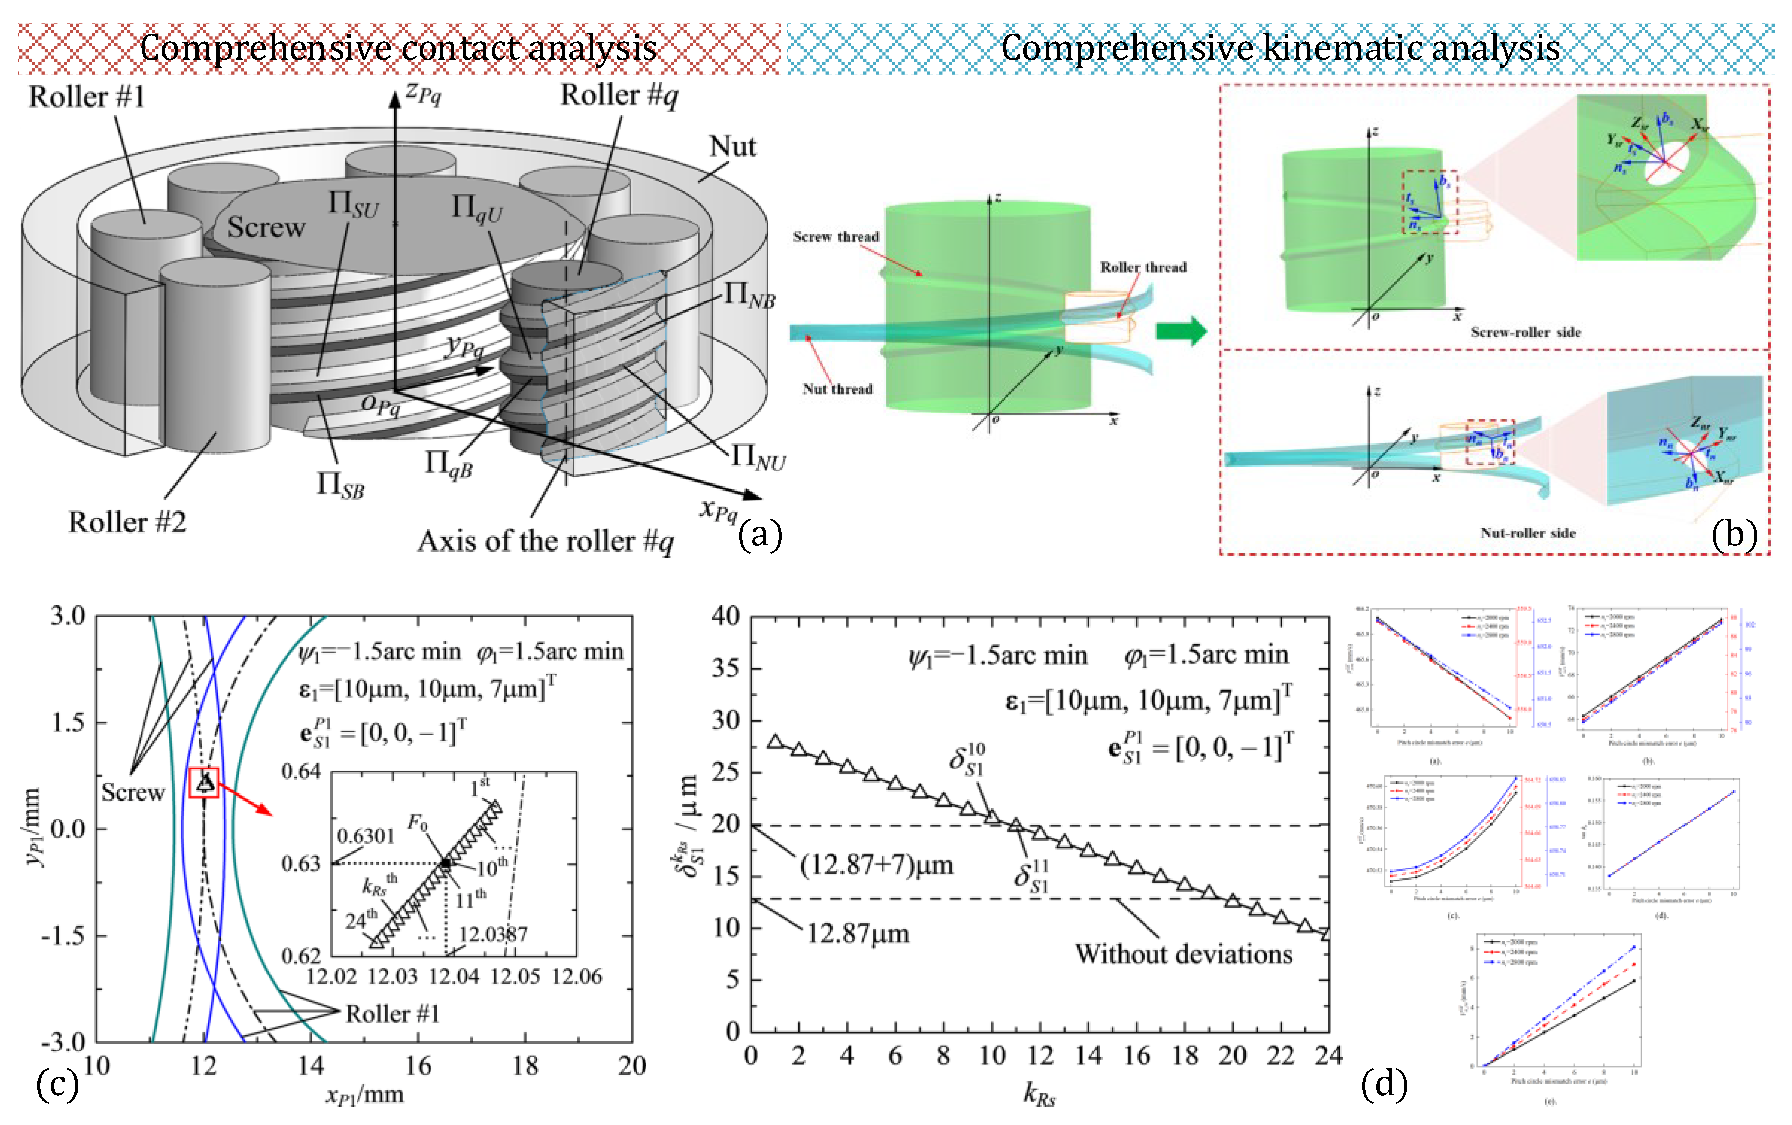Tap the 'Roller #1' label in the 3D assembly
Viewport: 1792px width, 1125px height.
[86, 97]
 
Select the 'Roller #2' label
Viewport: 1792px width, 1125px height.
[127, 523]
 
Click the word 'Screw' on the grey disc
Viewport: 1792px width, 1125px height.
[266, 227]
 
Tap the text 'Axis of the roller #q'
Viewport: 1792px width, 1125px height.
[545, 542]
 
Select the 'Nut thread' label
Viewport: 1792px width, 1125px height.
[838, 389]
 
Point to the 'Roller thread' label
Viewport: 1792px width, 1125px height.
[1144, 268]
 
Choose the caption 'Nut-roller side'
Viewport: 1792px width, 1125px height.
[1527, 533]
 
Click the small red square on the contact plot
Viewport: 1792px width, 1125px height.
[204, 783]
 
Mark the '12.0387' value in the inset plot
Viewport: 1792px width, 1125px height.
[493, 934]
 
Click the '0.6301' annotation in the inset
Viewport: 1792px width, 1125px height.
[365, 836]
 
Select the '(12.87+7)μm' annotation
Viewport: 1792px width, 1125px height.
[876, 865]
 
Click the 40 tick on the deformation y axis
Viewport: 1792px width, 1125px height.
[725, 616]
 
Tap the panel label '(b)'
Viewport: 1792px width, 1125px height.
[1734, 534]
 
